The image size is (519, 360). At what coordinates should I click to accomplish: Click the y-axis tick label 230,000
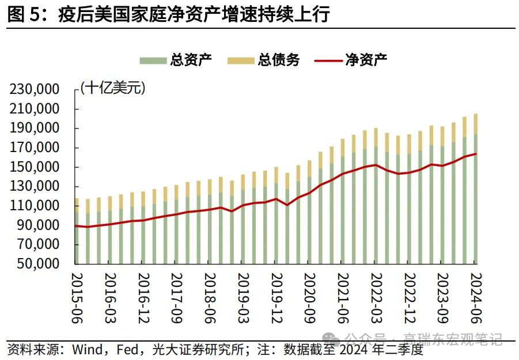35,89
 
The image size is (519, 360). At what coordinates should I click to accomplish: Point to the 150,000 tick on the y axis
35,167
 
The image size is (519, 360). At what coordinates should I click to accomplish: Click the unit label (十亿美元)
113,88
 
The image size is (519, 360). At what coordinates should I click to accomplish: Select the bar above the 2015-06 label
77,236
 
